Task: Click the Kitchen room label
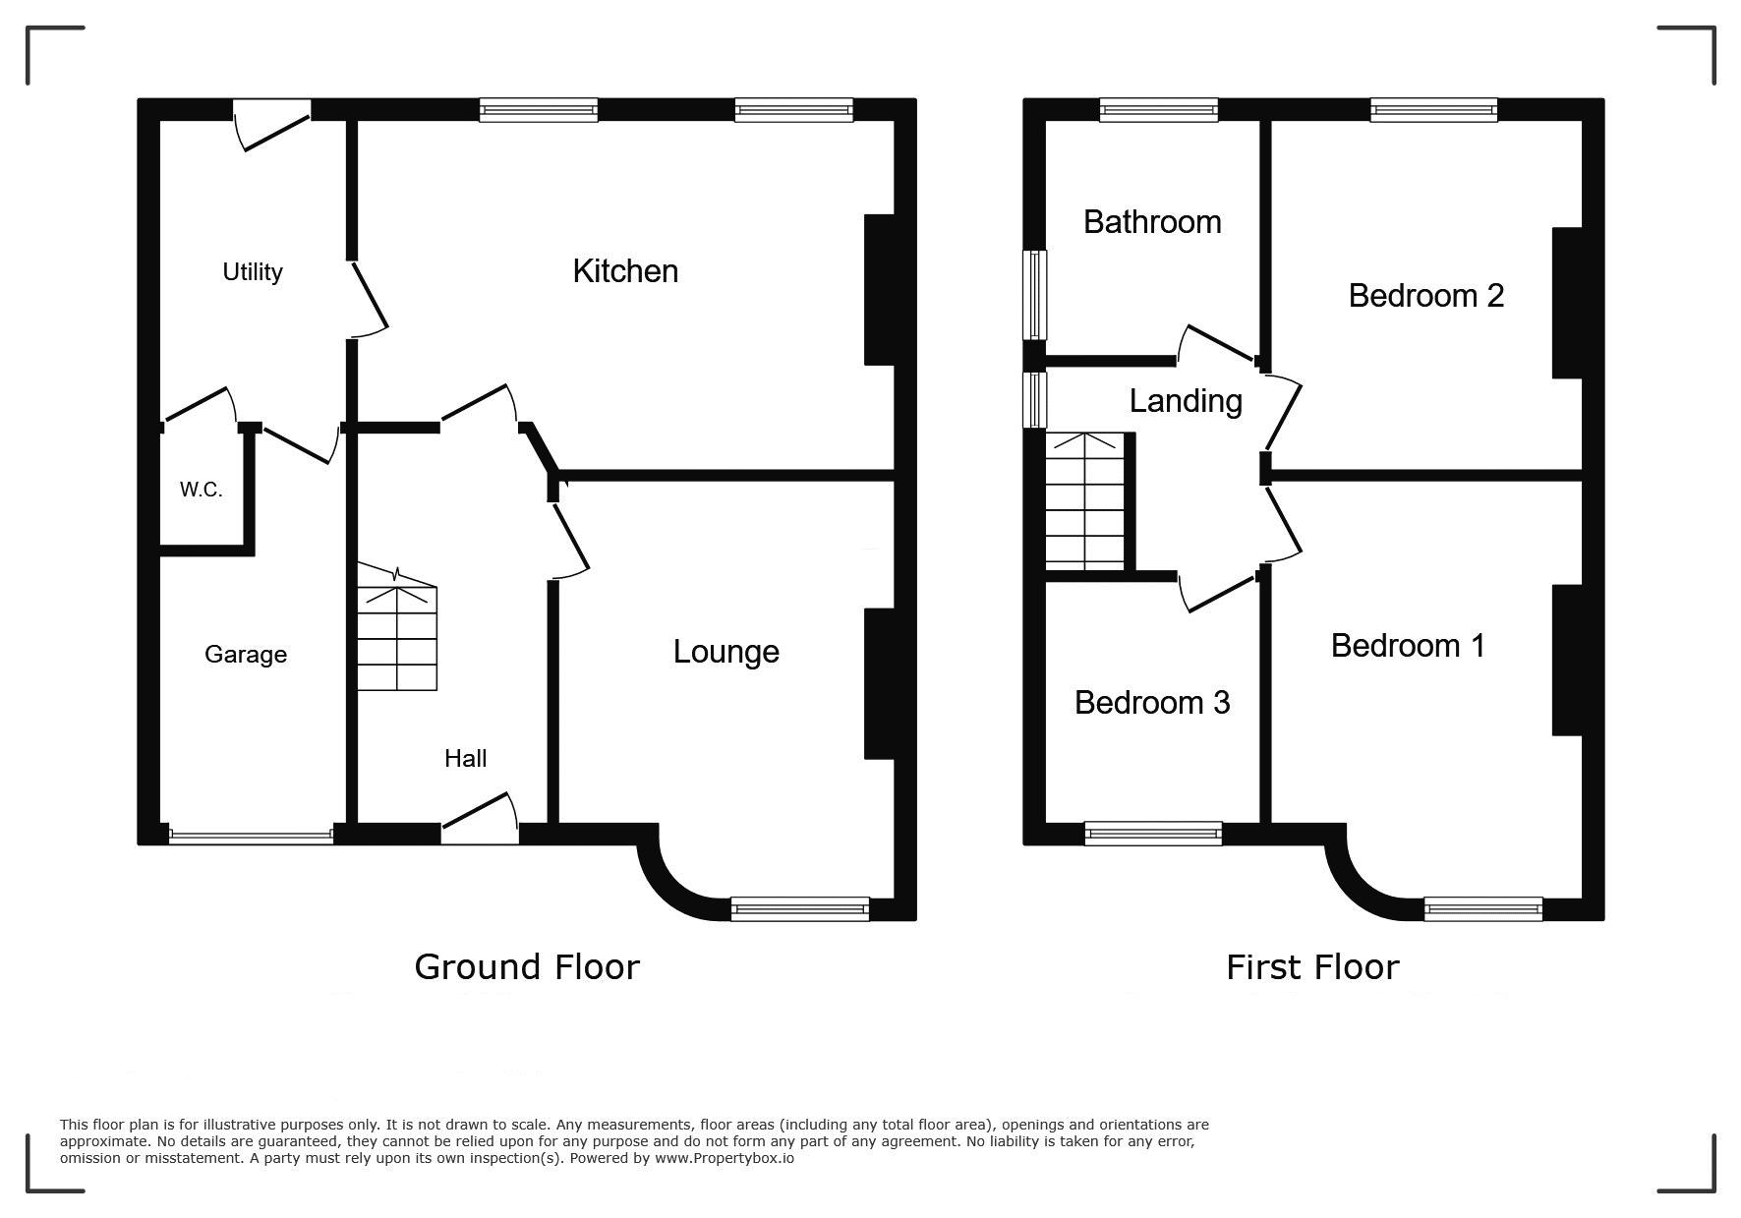(x=625, y=271)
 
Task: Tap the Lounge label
(x=726, y=652)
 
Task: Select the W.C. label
(x=201, y=490)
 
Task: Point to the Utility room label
(x=253, y=272)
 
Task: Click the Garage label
(x=246, y=655)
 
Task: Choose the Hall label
(x=466, y=758)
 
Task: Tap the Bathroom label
(x=1152, y=222)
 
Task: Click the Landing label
(x=1186, y=401)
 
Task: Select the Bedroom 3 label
(x=1152, y=703)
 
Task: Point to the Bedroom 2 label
(x=1426, y=296)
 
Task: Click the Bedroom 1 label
(x=1408, y=646)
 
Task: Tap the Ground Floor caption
(x=527, y=967)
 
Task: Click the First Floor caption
(x=1312, y=968)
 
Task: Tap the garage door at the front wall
(x=251, y=837)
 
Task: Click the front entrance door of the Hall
(x=480, y=819)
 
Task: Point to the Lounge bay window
(x=800, y=909)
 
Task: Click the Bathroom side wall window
(x=1034, y=295)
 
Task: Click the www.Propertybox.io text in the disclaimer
(x=725, y=1158)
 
